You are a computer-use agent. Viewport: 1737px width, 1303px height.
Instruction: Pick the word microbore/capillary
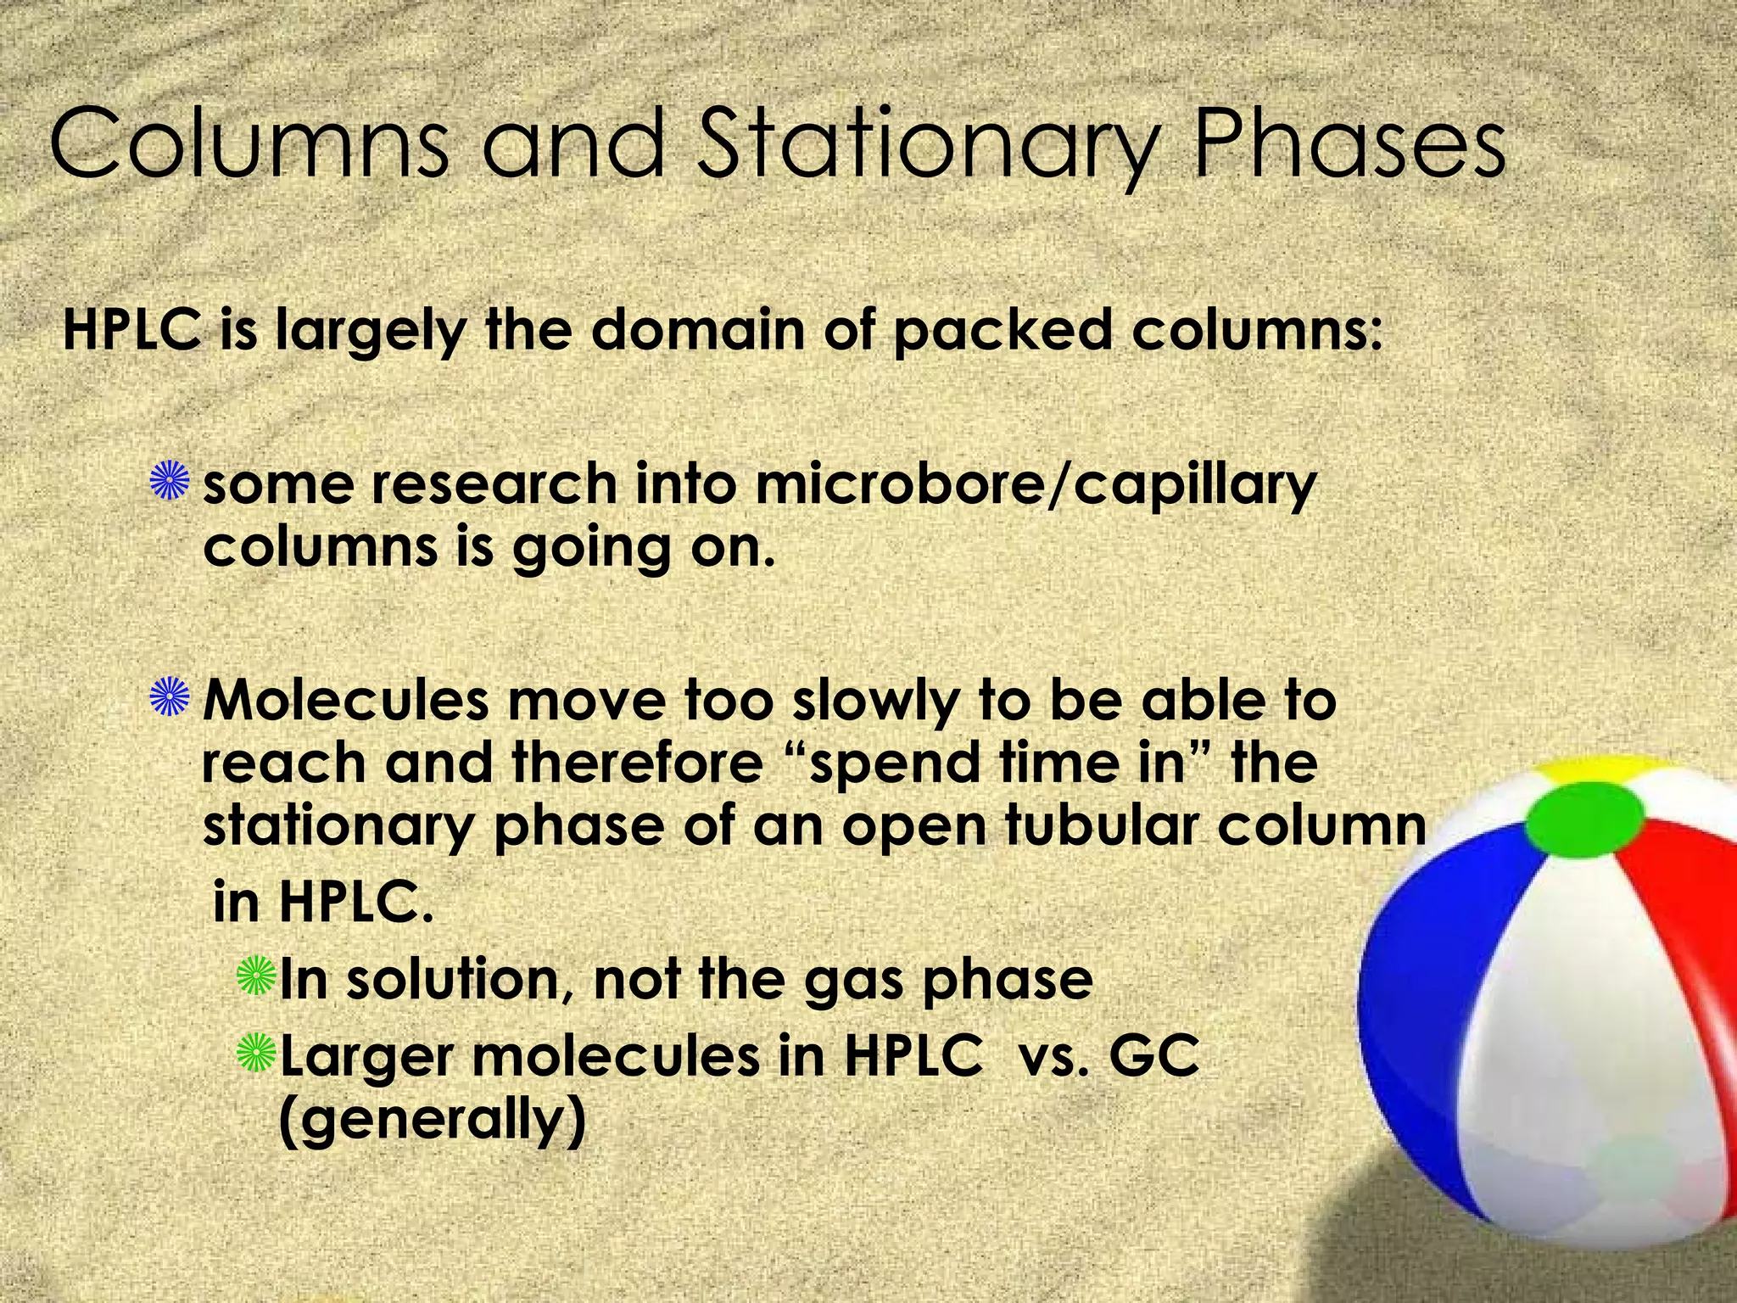1034,485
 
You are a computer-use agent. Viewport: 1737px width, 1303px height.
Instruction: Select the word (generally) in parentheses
432,1121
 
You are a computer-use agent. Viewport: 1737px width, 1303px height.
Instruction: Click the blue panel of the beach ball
1442,959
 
